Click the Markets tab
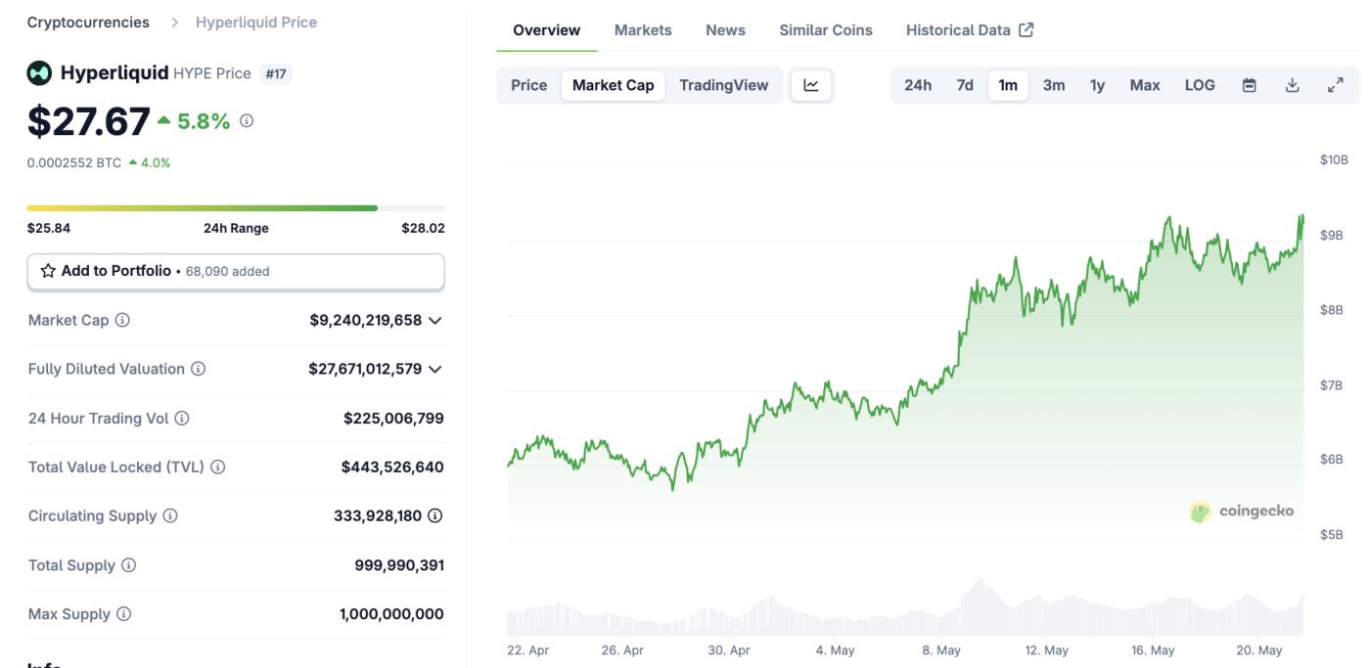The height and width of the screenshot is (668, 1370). point(643,30)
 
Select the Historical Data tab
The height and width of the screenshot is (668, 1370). point(969,30)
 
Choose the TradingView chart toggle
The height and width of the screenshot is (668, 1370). point(724,85)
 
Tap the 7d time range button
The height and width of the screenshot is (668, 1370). point(965,85)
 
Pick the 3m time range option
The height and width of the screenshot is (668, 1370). point(1053,85)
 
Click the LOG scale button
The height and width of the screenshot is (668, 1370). point(1200,85)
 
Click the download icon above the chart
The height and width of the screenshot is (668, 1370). point(1292,85)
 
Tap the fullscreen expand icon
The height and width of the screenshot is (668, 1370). point(1335,85)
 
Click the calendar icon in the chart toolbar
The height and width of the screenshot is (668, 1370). point(1249,85)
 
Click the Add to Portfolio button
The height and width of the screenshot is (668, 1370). point(235,271)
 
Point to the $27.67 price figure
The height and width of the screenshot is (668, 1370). point(89,121)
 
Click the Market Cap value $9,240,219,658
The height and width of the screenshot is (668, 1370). point(365,320)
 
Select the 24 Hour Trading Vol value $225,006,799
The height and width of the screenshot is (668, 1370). point(393,419)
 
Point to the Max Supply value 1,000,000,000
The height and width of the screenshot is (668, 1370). point(391,614)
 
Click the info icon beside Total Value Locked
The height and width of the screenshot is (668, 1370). point(218,468)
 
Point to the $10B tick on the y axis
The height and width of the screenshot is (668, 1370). point(1334,159)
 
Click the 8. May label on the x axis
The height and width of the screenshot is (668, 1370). point(941,650)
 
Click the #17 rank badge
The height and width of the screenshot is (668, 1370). point(277,74)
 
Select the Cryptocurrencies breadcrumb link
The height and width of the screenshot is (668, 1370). point(88,22)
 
